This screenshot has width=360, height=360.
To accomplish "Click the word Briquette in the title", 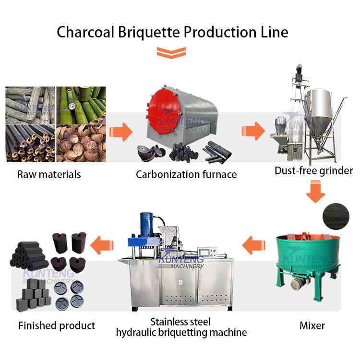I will [144, 32].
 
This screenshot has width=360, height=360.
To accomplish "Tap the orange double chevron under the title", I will [171, 52].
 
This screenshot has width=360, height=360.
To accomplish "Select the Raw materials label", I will [49, 174].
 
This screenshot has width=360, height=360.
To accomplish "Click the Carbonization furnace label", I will [186, 174].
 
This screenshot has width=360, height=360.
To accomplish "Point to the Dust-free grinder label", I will [313, 170].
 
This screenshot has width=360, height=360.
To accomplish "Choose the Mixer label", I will [312, 325].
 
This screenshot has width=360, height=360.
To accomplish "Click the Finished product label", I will [57, 326].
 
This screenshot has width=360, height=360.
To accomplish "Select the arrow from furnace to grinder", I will [252, 131].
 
